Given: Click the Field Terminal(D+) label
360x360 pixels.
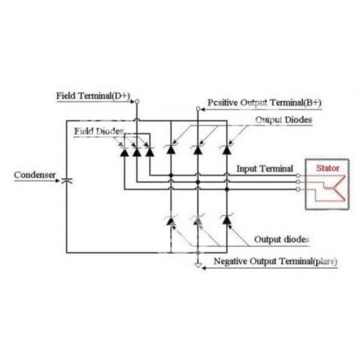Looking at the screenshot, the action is click(93, 95).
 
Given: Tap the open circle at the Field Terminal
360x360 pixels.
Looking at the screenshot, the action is click(137, 101).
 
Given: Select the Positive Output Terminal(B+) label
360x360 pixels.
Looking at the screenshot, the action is click(265, 103).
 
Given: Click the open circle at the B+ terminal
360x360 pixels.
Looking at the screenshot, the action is click(198, 109).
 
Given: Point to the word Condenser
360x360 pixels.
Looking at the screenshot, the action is click(34, 175).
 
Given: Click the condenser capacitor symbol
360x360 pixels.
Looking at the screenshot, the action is click(67, 181).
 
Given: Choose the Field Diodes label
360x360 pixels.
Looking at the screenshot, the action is click(99, 131).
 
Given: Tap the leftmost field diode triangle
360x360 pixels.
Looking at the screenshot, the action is click(124, 153).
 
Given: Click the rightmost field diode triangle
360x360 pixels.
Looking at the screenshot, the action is click(149, 153).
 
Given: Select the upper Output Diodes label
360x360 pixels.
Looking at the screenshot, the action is click(283, 120).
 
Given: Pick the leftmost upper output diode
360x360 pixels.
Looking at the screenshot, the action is click(171, 149).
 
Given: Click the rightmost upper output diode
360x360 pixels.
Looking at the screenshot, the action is click(227, 149).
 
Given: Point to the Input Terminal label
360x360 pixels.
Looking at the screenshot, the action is click(265, 168).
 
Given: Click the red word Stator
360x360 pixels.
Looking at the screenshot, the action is click(328, 168).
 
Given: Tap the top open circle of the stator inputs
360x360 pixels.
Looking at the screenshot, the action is click(298, 175).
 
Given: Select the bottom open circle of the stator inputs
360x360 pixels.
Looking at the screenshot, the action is click(298, 189).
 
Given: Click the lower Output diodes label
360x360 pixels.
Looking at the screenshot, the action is click(282, 239).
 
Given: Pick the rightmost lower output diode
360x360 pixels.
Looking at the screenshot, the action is click(227, 220).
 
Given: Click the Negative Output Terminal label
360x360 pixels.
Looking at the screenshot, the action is click(275, 261).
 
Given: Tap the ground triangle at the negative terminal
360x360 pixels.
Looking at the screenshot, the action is click(198, 265).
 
